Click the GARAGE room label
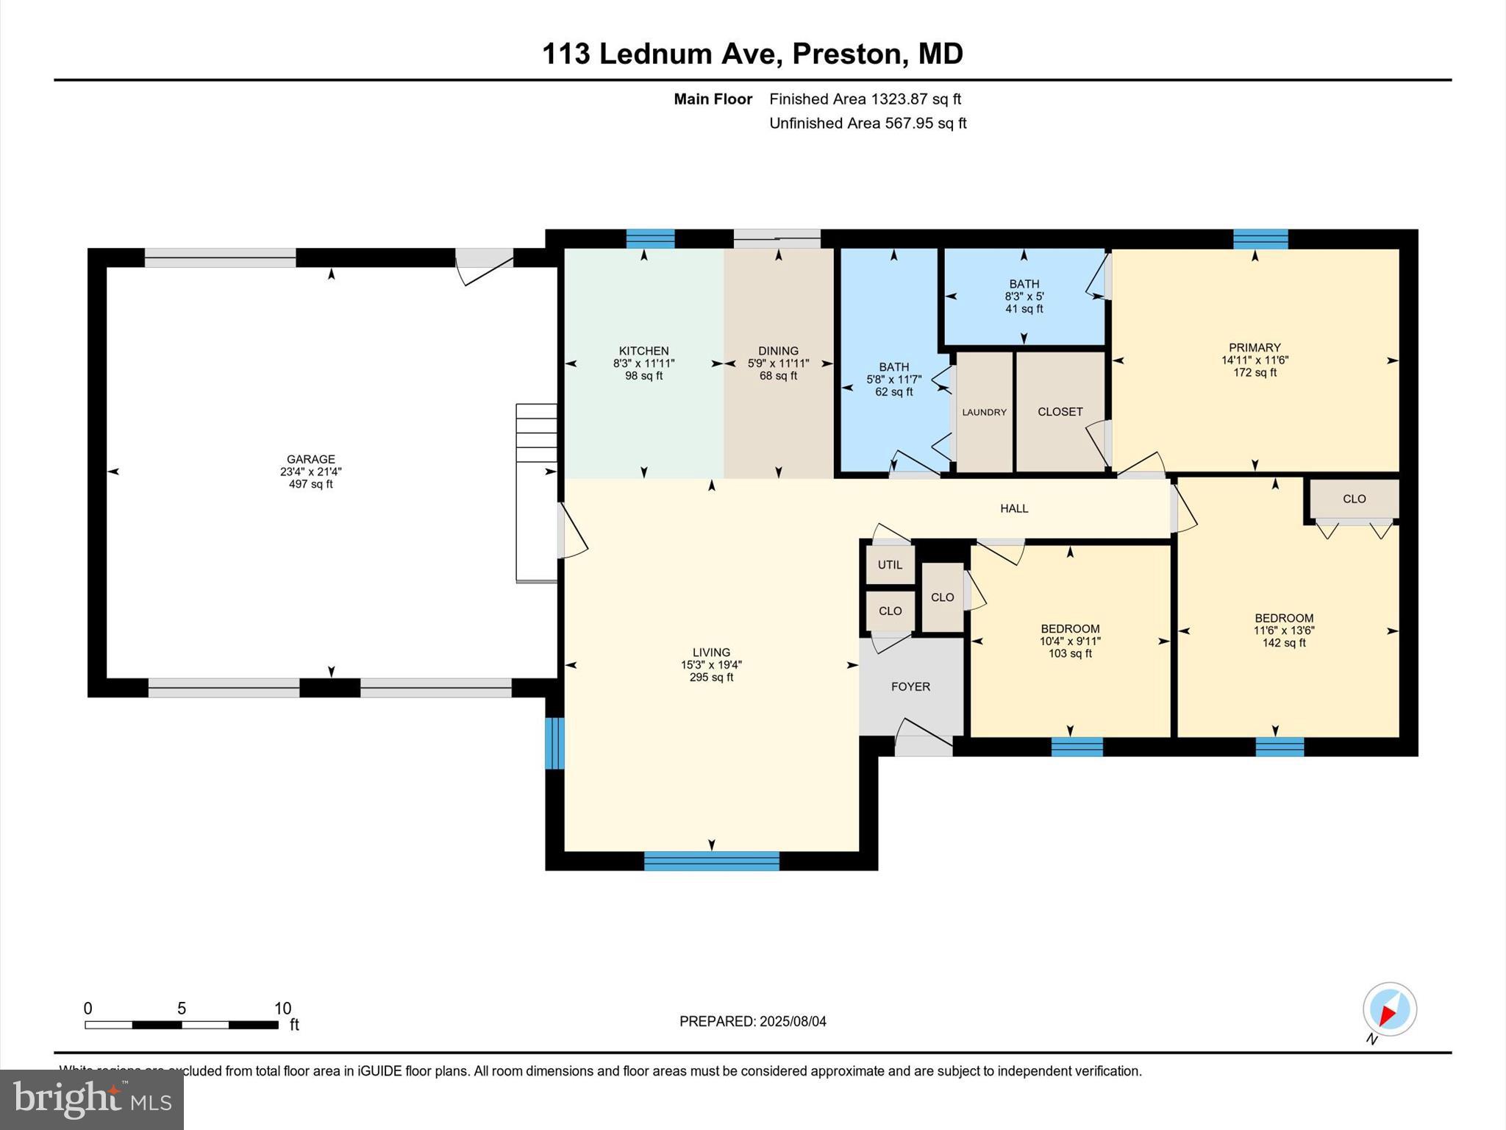tap(311, 459)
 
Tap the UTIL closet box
tap(890, 565)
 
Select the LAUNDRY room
tap(984, 412)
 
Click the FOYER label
tap(910, 686)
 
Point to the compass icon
tap(1389, 1009)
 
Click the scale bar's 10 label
tap(282, 1009)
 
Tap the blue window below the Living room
tap(711, 861)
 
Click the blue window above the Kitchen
tap(650, 239)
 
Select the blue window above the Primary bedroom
tap(1260, 239)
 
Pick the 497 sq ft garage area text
tap(311, 484)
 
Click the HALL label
tap(1013, 508)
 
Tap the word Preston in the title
tap(846, 54)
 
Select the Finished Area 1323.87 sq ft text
tap(865, 99)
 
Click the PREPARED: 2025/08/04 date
tap(752, 1021)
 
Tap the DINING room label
tap(778, 351)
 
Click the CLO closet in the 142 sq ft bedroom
tap(1354, 499)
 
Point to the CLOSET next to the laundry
tap(1060, 412)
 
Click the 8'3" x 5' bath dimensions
tap(1024, 296)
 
